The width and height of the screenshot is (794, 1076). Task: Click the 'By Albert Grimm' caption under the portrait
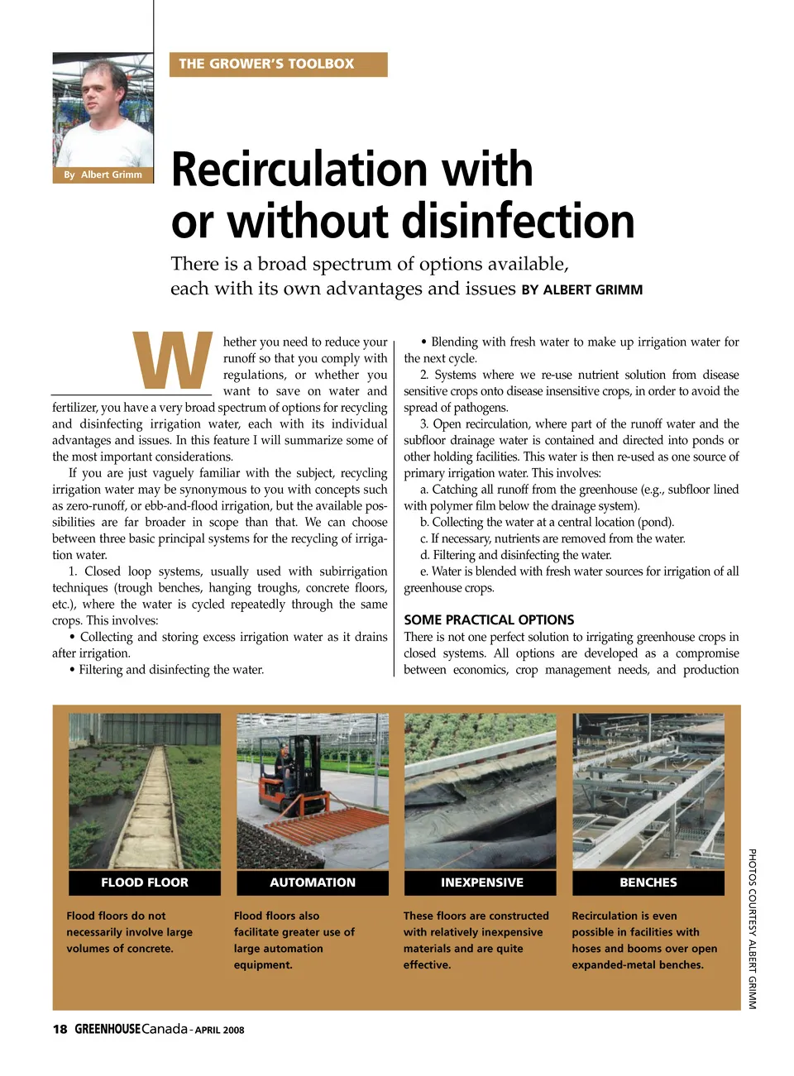pos(103,175)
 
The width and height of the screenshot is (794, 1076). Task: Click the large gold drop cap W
pos(172,361)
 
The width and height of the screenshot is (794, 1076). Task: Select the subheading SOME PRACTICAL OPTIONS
pos(489,619)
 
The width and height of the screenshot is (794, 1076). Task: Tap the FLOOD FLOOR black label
pos(145,882)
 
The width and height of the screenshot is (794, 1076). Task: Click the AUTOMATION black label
pos(313,882)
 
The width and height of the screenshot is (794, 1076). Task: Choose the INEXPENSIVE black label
pos(481,882)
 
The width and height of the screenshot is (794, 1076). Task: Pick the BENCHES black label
pos(648,882)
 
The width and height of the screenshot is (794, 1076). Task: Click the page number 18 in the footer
pos(60,1030)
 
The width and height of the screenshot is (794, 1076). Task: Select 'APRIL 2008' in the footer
pos(220,1031)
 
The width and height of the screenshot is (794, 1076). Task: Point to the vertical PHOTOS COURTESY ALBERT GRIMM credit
pos(752,928)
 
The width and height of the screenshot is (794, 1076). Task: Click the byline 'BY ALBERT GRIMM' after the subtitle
pos(581,290)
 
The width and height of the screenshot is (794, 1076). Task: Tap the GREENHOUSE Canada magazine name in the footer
pos(131,1030)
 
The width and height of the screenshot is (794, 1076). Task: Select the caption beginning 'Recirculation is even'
pos(643,940)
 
